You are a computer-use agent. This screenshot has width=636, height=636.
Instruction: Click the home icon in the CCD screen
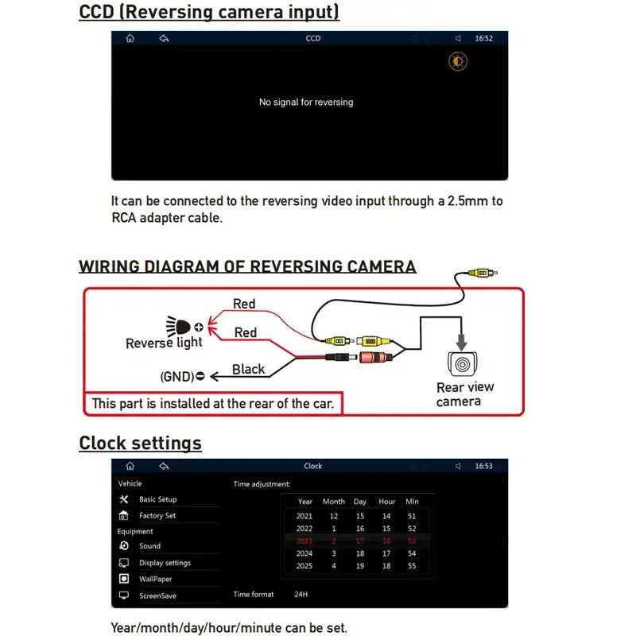click(x=130, y=38)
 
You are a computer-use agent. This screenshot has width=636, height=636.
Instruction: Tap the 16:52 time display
click(x=483, y=38)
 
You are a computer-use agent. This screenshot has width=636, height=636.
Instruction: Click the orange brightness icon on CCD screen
click(x=458, y=62)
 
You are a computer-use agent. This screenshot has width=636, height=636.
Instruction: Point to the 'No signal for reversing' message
click(x=306, y=103)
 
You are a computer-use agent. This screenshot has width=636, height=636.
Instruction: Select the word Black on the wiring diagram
click(x=248, y=369)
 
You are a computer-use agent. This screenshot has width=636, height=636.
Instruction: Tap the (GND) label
click(x=177, y=376)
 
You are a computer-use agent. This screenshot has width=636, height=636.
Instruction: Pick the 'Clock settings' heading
click(x=140, y=443)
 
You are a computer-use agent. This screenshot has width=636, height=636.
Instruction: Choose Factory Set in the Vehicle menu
click(x=157, y=516)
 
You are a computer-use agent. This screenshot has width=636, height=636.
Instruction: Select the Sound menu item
click(x=149, y=546)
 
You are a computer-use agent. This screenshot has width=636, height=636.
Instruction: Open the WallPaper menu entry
click(x=155, y=580)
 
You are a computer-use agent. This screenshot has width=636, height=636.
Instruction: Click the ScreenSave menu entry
click(x=157, y=595)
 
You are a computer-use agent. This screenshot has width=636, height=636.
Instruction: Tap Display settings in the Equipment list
click(x=165, y=563)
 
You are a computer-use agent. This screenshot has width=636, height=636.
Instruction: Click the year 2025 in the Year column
click(x=304, y=566)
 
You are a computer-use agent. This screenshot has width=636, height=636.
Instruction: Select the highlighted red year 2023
click(x=304, y=541)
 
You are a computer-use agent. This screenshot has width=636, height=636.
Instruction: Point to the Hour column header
click(x=387, y=502)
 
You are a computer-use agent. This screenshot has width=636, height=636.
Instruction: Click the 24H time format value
click(x=301, y=594)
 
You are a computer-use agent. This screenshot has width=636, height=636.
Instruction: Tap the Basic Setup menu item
click(x=157, y=499)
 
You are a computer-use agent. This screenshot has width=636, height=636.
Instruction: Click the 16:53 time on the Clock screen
click(x=483, y=466)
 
